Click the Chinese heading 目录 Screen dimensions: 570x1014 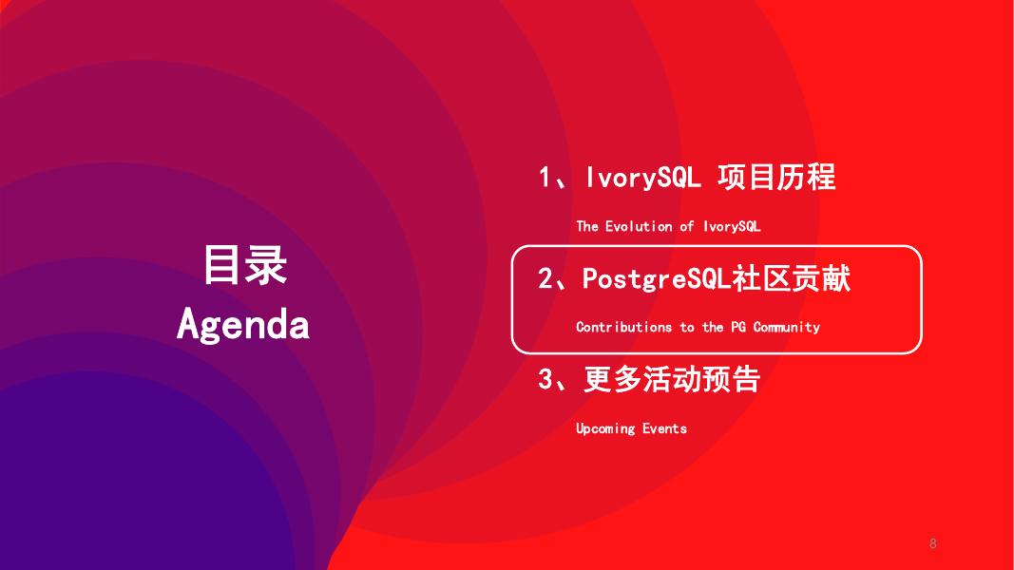click(x=244, y=265)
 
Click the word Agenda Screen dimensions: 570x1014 click(x=243, y=325)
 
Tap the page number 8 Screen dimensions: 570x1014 click(x=932, y=543)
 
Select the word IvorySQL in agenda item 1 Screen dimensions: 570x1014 click(x=643, y=178)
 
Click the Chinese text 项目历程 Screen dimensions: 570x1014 click(x=776, y=178)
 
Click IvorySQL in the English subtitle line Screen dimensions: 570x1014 click(x=732, y=227)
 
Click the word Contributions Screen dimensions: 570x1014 click(x=623, y=327)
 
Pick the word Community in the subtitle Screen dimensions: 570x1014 click(x=786, y=327)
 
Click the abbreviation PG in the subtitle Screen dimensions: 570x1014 click(x=738, y=327)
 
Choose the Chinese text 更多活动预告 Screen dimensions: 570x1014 click(x=672, y=380)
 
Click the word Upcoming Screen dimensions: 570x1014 click(x=604, y=428)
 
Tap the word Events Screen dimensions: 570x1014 click(x=664, y=428)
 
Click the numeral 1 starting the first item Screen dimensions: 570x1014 click(x=545, y=178)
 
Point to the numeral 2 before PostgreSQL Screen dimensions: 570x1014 click(x=545, y=279)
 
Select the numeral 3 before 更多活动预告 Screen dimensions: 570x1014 click(x=545, y=380)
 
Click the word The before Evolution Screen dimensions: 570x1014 click(x=587, y=227)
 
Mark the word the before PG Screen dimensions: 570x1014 click(x=713, y=327)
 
